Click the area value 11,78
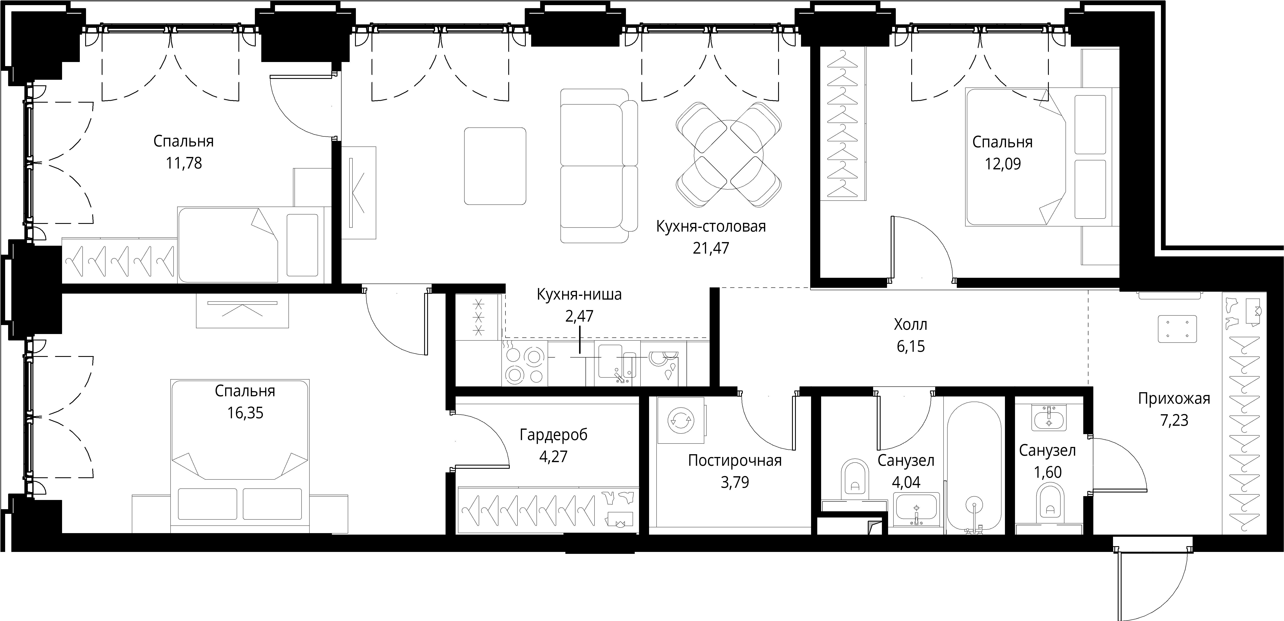click(x=184, y=163)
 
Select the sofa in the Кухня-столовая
click(x=599, y=166)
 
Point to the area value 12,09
click(x=1002, y=164)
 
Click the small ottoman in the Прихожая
click(x=1177, y=329)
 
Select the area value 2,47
click(x=579, y=316)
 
